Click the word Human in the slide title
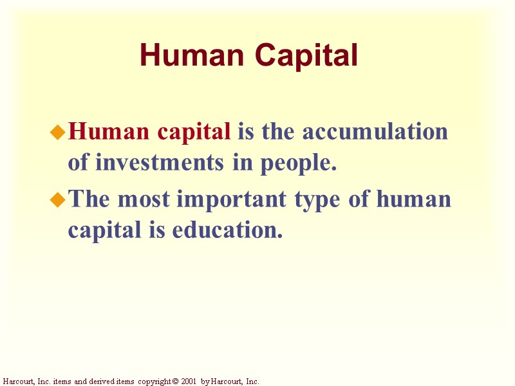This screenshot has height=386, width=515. coord(180,56)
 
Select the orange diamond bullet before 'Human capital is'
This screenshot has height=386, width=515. coord(59,133)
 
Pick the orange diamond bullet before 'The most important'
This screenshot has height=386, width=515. coord(59,200)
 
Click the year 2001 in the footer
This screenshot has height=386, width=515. coord(187,381)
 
